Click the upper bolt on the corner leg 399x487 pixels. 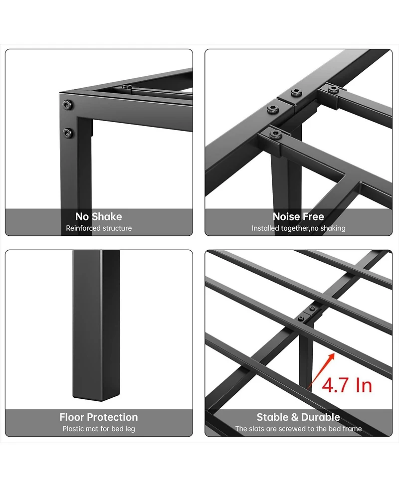coord(67,105)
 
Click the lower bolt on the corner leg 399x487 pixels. coord(67,132)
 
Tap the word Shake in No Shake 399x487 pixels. coord(106,216)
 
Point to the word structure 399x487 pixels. coord(117,228)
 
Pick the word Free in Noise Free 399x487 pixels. coord(313,216)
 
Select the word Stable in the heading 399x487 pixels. coord(273,417)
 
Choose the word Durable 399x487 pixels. coord(319,417)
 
